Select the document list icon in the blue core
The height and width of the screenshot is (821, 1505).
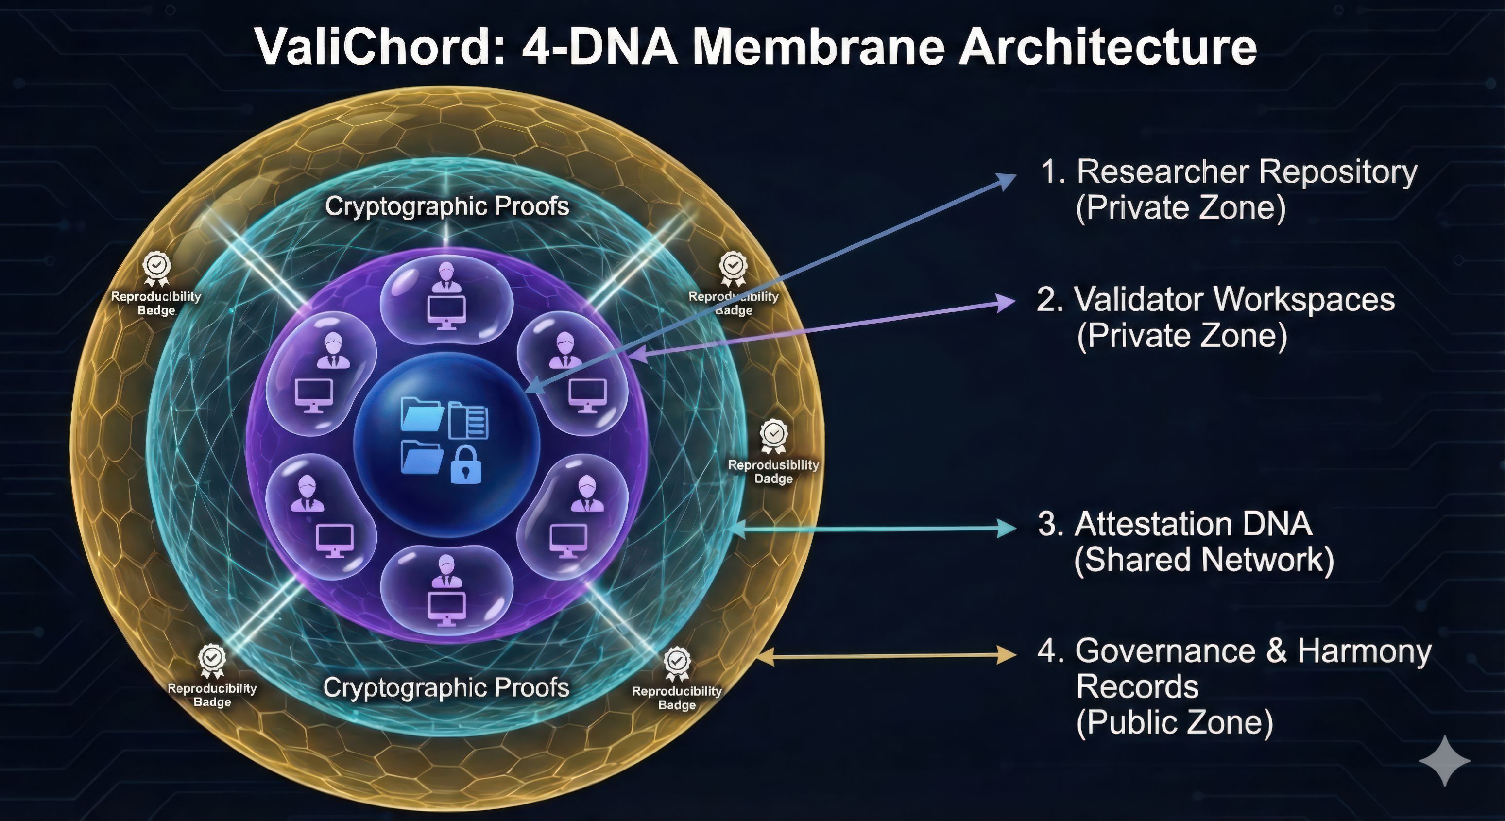tap(469, 421)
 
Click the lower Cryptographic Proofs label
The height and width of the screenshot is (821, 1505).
tap(446, 687)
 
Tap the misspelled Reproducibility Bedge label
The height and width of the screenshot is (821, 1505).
tap(156, 303)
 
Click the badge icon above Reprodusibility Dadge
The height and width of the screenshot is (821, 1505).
tap(773, 435)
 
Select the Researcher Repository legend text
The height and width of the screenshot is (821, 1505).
tap(1246, 172)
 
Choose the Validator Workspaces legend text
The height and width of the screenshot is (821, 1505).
tap(1233, 299)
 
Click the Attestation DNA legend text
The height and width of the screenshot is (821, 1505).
tap(1192, 524)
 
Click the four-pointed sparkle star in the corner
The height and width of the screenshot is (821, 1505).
tap(1444, 760)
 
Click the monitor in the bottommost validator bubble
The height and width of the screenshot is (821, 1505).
tap(446, 608)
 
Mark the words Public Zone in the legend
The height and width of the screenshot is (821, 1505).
tap(1174, 722)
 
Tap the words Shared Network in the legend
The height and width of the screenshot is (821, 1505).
tap(1203, 560)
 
